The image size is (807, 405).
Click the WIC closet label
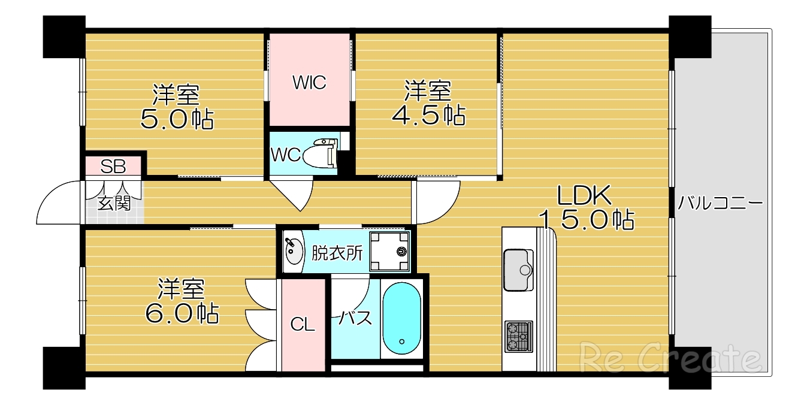pos(309,82)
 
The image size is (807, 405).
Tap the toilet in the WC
pos(321,153)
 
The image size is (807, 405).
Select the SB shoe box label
pos(113,167)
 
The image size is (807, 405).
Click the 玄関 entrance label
pos(114,204)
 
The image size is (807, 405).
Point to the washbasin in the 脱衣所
pos(294,251)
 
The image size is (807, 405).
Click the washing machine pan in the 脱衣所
pos(390,251)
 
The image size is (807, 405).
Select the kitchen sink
pos(518,270)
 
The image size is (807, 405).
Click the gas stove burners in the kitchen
pos(518,337)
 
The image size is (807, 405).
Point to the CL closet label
pos(303,325)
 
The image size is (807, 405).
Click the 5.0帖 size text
pos(177,119)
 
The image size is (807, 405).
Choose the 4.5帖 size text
pos(428,115)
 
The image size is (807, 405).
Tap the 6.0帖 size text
pos(182,313)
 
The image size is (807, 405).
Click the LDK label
pos(584,195)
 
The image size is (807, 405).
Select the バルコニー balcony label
pos(720,203)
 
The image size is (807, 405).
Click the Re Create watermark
pos(671,358)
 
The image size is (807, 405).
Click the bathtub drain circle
pos(401,341)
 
